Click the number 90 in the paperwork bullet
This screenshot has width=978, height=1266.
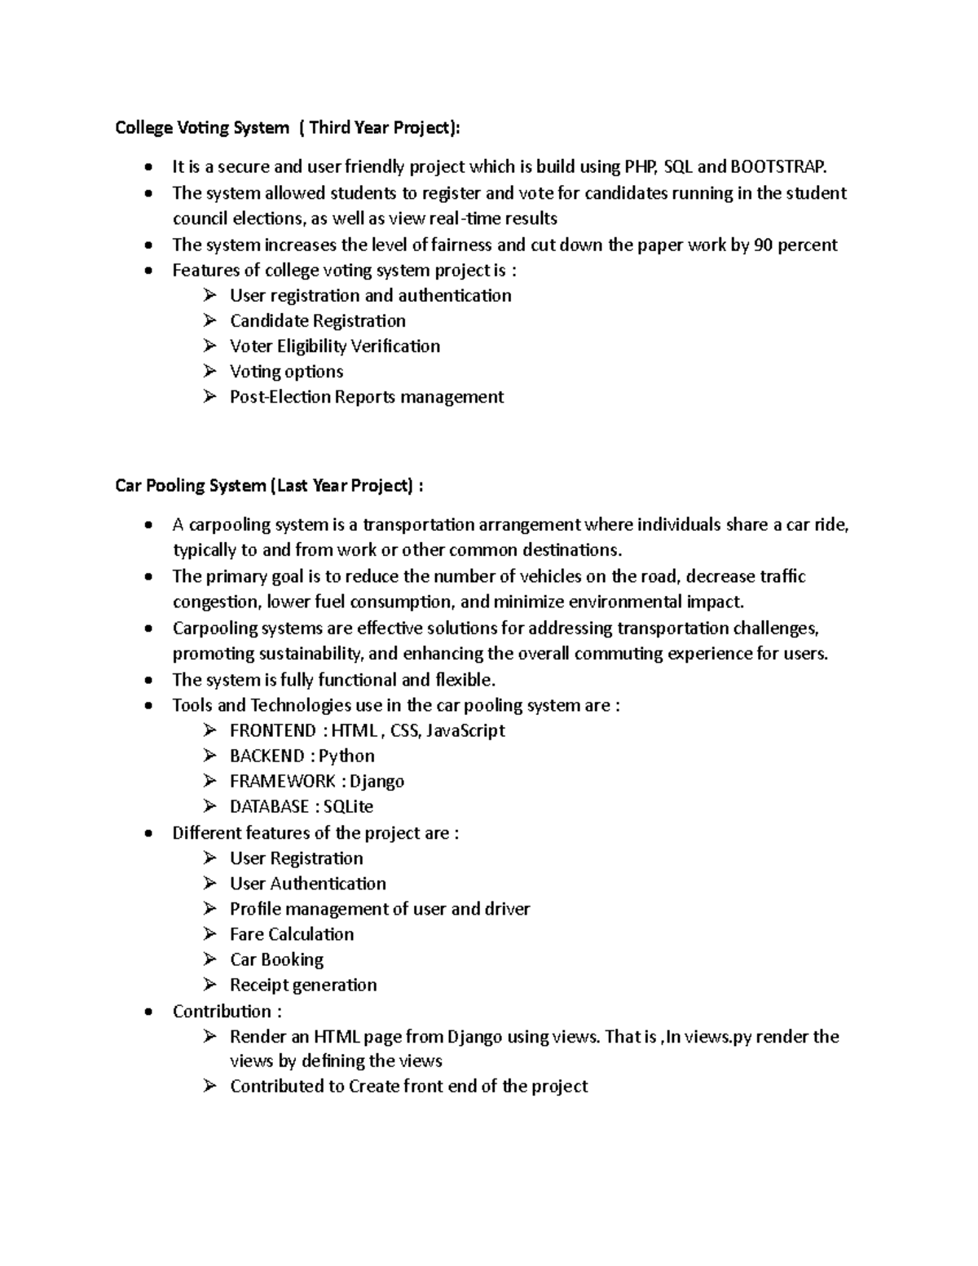[764, 245]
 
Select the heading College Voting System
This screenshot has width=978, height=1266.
[202, 127]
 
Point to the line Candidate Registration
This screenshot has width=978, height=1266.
[317, 320]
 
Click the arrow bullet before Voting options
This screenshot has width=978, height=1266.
[210, 371]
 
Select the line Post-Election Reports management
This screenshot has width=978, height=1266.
[367, 397]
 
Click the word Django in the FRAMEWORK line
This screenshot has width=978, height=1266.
[377, 781]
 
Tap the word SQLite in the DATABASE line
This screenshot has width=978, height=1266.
[348, 806]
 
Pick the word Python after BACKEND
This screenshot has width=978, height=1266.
[346, 756]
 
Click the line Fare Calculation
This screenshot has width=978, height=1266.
[292, 934]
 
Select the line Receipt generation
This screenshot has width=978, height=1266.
[303, 985]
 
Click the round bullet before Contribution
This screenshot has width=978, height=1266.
[147, 1012]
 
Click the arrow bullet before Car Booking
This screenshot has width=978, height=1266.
[210, 959]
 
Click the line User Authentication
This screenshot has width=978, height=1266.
[307, 884]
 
